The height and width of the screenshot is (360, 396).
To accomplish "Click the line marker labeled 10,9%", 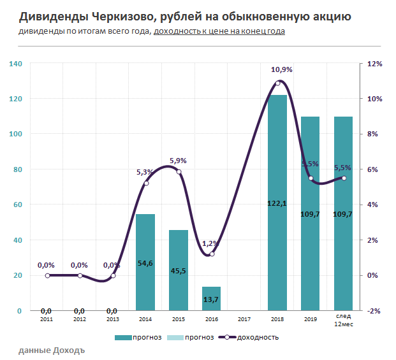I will pyautogui.click(x=277, y=83).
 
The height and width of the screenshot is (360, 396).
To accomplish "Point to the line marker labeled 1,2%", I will pyautogui.click(x=212, y=254).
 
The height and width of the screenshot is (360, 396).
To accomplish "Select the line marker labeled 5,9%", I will pyautogui.click(x=179, y=172).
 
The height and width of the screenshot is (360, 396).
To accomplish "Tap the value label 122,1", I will pyautogui.click(x=277, y=204).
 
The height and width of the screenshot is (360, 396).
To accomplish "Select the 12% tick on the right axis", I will pyautogui.click(x=374, y=64).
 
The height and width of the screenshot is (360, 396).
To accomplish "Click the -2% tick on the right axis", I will pyautogui.click(x=374, y=311).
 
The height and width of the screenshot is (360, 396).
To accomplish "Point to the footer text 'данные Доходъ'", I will pyautogui.click(x=52, y=350).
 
